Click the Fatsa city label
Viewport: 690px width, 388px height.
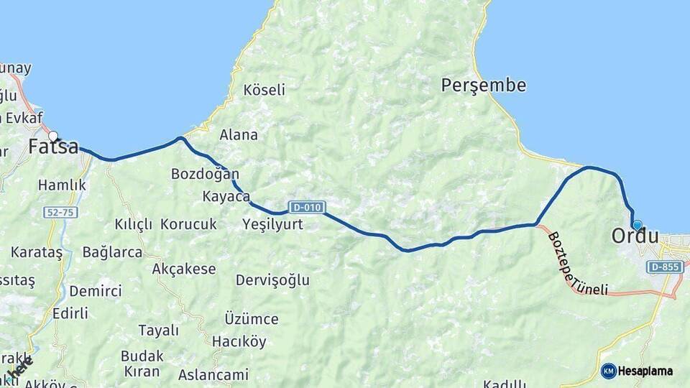pos(53,147)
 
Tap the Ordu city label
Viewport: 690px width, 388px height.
pos(635,236)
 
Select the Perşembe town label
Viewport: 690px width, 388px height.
pos(483,86)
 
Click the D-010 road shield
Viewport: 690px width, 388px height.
pos(305,207)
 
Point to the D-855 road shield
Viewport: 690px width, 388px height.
pos(664,267)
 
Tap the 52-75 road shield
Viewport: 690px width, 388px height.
pos(59,212)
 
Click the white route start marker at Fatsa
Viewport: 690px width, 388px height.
pos(53,135)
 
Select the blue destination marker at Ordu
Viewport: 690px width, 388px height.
pos(637,225)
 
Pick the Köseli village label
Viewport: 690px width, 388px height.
pos(264,90)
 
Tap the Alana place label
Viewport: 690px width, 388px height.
pos(239,134)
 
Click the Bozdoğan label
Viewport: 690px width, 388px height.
pos(205,174)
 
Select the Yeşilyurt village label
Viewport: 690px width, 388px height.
pos(272,224)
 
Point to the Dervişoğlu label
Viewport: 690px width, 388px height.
pos(272,280)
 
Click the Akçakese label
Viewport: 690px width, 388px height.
pos(184,269)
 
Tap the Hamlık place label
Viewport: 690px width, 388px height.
pos(62,185)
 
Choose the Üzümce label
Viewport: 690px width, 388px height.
pos(251,318)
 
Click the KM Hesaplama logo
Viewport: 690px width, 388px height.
pos(637,371)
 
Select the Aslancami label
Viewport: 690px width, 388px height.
pos(213,374)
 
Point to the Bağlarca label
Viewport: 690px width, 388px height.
pos(112,252)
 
